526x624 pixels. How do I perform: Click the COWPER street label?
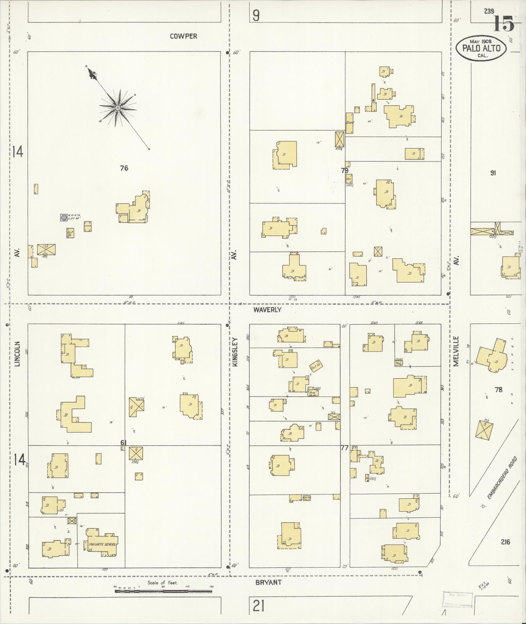pyautogui.click(x=183, y=36)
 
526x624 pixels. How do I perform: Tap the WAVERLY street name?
pyautogui.click(x=267, y=310)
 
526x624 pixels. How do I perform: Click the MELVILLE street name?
pyautogui.click(x=456, y=351)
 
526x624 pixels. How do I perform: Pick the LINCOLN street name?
pyautogui.click(x=18, y=354)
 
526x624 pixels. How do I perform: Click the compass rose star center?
pyautogui.click(x=118, y=107)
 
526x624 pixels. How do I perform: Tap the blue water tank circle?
pyautogui.click(x=64, y=217)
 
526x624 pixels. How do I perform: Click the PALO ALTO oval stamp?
pyautogui.click(x=481, y=48)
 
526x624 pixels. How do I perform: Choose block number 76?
pyautogui.click(x=124, y=168)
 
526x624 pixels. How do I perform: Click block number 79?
pyautogui.click(x=345, y=170)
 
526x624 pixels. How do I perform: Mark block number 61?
pyautogui.click(x=123, y=442)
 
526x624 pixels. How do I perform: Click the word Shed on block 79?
pyautogui.click(x=350, y=122)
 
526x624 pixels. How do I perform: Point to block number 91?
pyautogui.click(x=493, y=173)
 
